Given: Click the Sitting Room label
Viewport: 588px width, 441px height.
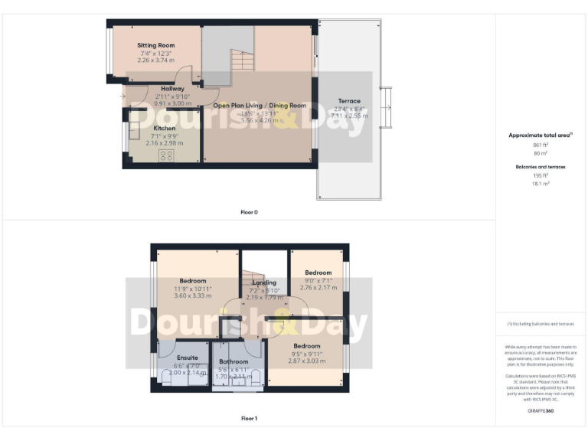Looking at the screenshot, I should pos(156,46).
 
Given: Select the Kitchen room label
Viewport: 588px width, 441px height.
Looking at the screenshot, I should pos(165,128).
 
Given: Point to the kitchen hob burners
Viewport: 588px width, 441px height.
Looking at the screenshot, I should pos(166,155).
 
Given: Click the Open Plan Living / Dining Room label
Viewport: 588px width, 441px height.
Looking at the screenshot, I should pos(260,106).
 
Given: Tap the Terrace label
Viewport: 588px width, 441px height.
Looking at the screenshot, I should pos(349,101).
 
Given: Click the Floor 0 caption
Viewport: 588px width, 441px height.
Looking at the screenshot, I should pos(250,212).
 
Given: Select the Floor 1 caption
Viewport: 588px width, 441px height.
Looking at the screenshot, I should pos(250,419).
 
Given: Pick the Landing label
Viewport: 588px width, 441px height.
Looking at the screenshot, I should pos(264,282).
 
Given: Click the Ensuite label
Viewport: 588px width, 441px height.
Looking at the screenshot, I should pos(188,358).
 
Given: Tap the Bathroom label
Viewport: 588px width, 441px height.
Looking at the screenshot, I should pos(234,361).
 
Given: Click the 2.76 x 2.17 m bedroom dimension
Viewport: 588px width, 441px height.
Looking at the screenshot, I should pos(318,288).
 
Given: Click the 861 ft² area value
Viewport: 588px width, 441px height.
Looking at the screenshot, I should pos(541,145).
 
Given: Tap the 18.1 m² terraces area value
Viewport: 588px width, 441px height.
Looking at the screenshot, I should pos(541,184).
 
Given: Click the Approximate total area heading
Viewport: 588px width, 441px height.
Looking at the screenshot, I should pos(541,136).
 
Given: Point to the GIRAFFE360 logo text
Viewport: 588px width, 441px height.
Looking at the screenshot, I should pos(541,411).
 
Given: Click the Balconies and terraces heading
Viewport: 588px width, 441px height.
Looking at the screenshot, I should pos(541,165).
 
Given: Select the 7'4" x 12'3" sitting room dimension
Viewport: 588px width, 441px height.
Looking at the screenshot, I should pos(156,54).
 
